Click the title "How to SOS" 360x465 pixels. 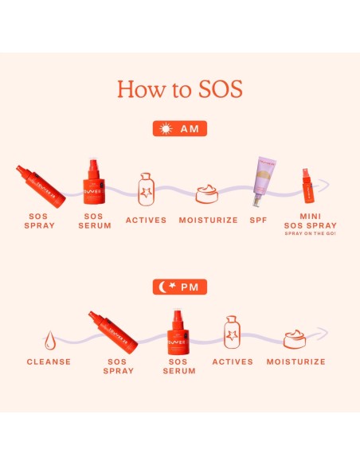180,88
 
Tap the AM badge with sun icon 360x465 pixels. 180,129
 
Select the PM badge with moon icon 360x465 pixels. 180,284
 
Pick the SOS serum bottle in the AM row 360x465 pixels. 96,181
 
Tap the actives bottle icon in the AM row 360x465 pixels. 146,190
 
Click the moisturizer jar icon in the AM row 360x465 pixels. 208,193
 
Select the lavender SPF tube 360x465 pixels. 264,182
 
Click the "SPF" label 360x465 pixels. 259,220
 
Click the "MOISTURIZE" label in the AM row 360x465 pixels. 208,220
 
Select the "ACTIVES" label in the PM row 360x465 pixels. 232,361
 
